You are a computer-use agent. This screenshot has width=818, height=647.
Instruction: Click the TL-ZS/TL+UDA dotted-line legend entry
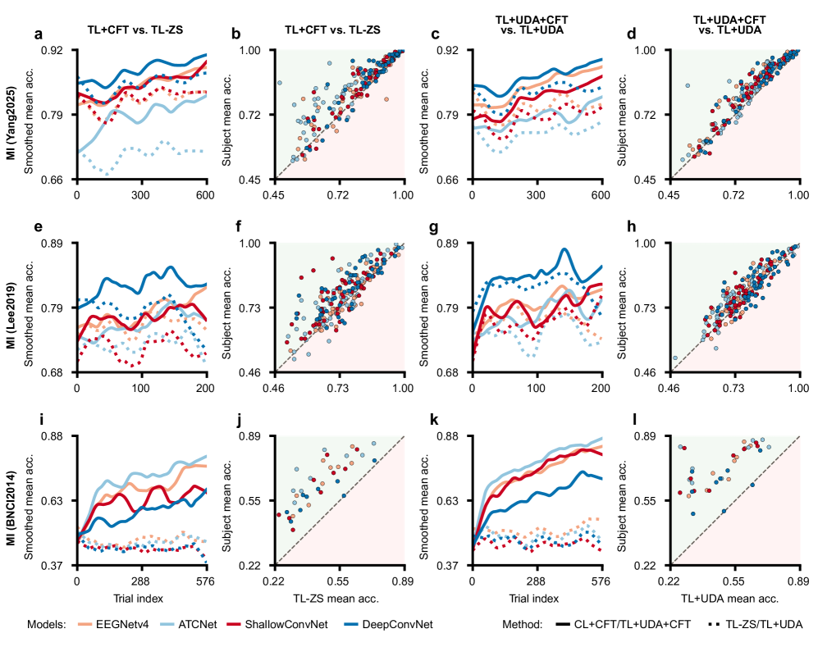(x=752, y=625)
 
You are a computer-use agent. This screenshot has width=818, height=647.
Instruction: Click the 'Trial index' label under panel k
(x=537, y=599)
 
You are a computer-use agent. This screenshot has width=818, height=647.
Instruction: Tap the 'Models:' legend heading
(x=46, y=625)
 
